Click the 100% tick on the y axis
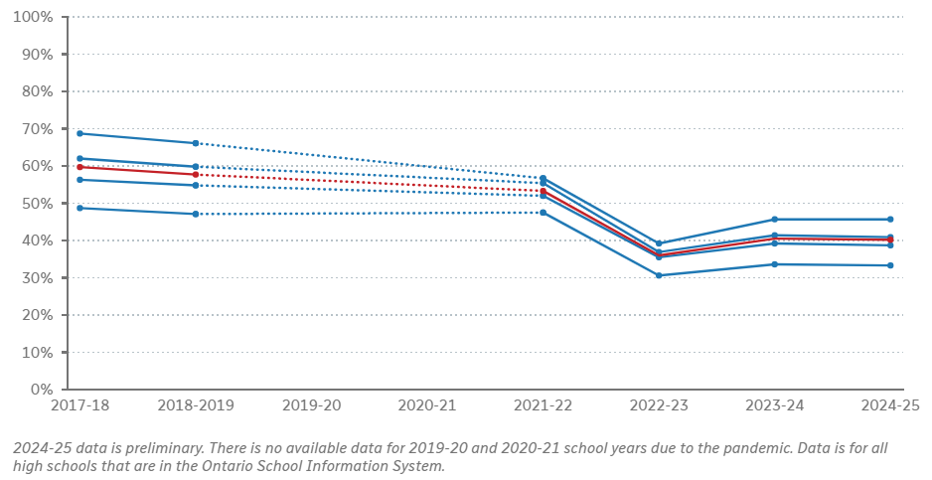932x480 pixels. tap(33, 17)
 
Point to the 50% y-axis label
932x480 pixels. tap(36, 204)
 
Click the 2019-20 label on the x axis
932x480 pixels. tap(311, 406)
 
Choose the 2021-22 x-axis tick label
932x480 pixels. tap(543, 406)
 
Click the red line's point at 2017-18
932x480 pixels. tap(79, 167)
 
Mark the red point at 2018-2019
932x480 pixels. tap(196, 175)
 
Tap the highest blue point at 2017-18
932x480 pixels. tap(79, 133)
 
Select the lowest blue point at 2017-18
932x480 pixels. tap(79, 208)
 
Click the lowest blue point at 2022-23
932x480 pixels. tap(659, 275)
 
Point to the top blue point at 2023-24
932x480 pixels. tap(775, 220)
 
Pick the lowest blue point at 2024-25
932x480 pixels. tap(890, 265)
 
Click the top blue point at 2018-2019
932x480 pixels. tap(196, 143)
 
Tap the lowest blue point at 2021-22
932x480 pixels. tap(543, 213)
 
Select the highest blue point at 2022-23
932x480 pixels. tap(659, 243)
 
